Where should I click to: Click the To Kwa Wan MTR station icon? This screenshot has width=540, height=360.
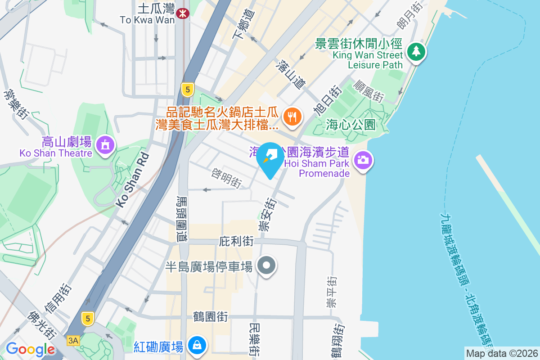coord(183,14)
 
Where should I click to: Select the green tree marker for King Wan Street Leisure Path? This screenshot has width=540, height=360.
coord(416,51)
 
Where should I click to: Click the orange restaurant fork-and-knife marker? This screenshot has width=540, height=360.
coord(292,117)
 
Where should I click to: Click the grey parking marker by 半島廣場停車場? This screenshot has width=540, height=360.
coord(266,266)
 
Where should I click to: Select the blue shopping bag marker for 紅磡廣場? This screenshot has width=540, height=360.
coord(198,346)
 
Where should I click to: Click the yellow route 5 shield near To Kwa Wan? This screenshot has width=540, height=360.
coord(188,90)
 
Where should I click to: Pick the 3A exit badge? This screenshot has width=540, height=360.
coord(72,341)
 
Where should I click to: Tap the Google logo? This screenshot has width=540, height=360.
coord(30,349)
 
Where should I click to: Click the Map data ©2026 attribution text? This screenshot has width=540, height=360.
coord(501,353)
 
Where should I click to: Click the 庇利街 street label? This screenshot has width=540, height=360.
coord(236,242)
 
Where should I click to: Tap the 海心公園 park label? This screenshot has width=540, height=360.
coord(351,125)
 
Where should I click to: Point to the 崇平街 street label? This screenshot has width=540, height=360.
coord(332,292)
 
